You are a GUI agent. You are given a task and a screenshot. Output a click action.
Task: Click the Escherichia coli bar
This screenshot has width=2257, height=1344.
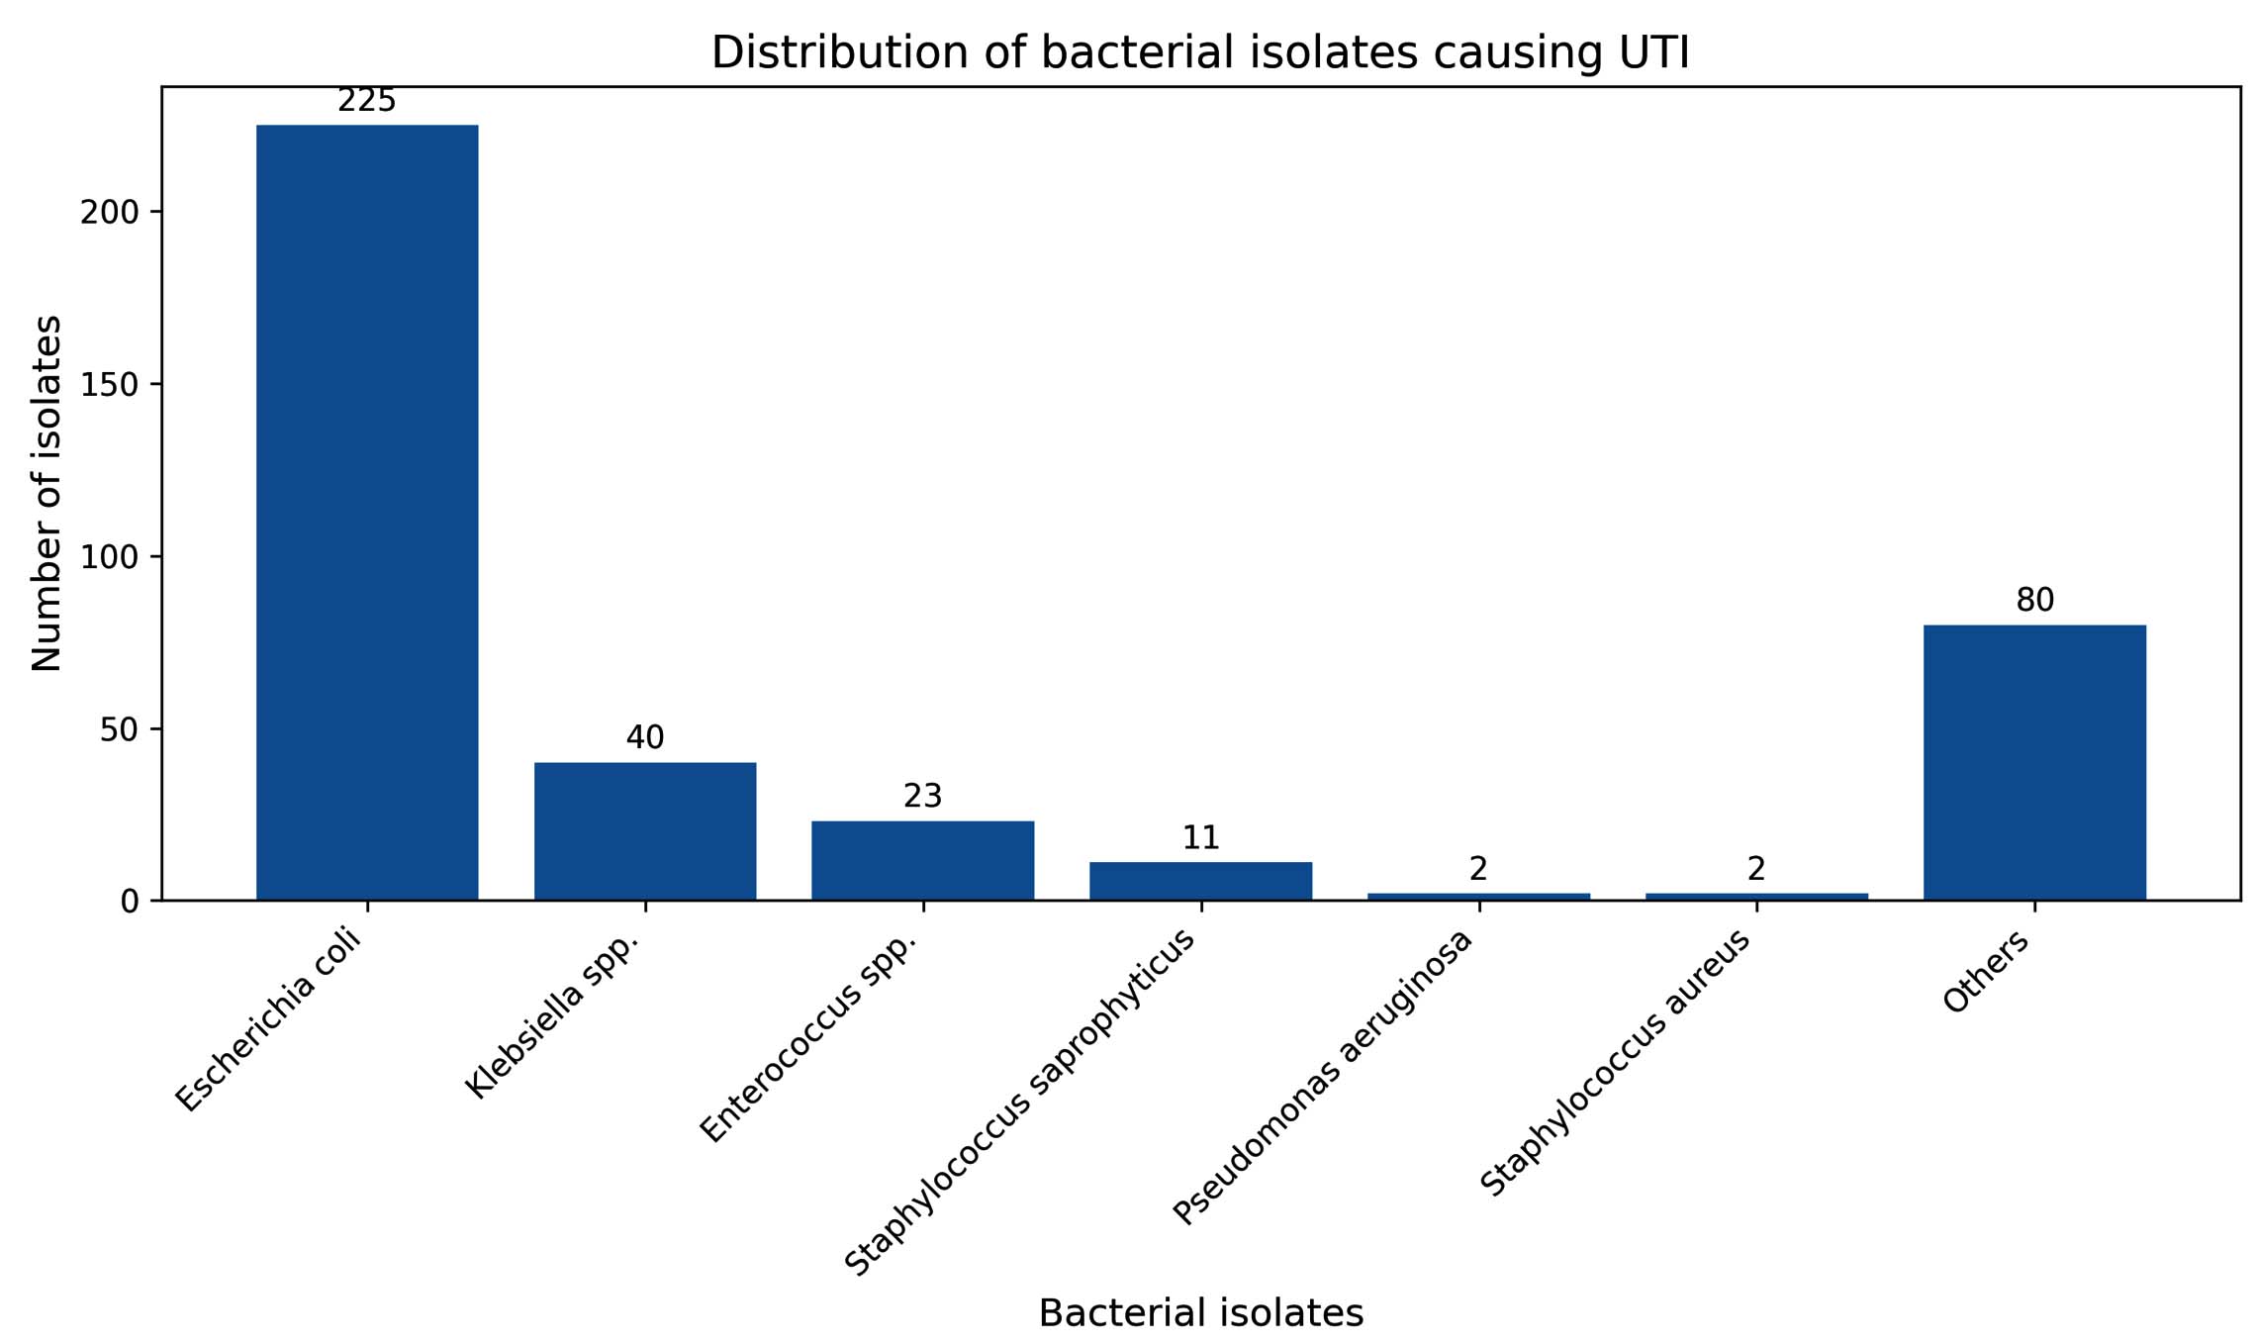tap(367, 512)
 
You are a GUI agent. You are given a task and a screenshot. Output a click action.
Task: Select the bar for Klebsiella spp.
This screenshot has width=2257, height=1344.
tap(645, 830)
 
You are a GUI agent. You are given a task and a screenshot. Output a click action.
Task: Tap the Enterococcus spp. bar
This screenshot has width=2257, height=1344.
tap(922, 860)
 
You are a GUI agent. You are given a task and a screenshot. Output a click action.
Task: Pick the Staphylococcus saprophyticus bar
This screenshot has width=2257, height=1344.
tap(1200, 881)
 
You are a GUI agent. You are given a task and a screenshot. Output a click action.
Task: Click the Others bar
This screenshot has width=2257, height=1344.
tap(2034, 762)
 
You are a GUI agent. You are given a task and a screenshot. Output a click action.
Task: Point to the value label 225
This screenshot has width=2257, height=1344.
tap(367, 101)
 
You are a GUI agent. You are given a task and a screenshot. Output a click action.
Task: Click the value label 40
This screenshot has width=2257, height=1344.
tap(645, 737)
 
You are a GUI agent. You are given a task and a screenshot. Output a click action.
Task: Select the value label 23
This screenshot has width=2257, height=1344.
tap(922, 796)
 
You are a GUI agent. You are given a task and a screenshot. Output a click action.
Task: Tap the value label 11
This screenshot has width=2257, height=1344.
tap(1200, 837)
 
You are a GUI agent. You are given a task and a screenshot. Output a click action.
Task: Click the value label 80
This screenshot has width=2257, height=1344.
tap(2034, 600)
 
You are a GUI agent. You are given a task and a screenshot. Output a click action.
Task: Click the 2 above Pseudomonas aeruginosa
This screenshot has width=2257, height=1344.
tap(1478, 869)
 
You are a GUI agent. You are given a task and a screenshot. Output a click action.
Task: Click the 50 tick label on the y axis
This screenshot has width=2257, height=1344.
tap(118, 729)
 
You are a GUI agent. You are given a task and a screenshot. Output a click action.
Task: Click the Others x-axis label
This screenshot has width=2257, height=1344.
tap(1987, 972)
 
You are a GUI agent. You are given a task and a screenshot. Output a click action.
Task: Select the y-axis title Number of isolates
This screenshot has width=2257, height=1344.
tap(47, 493)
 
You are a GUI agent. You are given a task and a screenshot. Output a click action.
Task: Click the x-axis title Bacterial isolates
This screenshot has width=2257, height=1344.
tap(1200, 1313)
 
